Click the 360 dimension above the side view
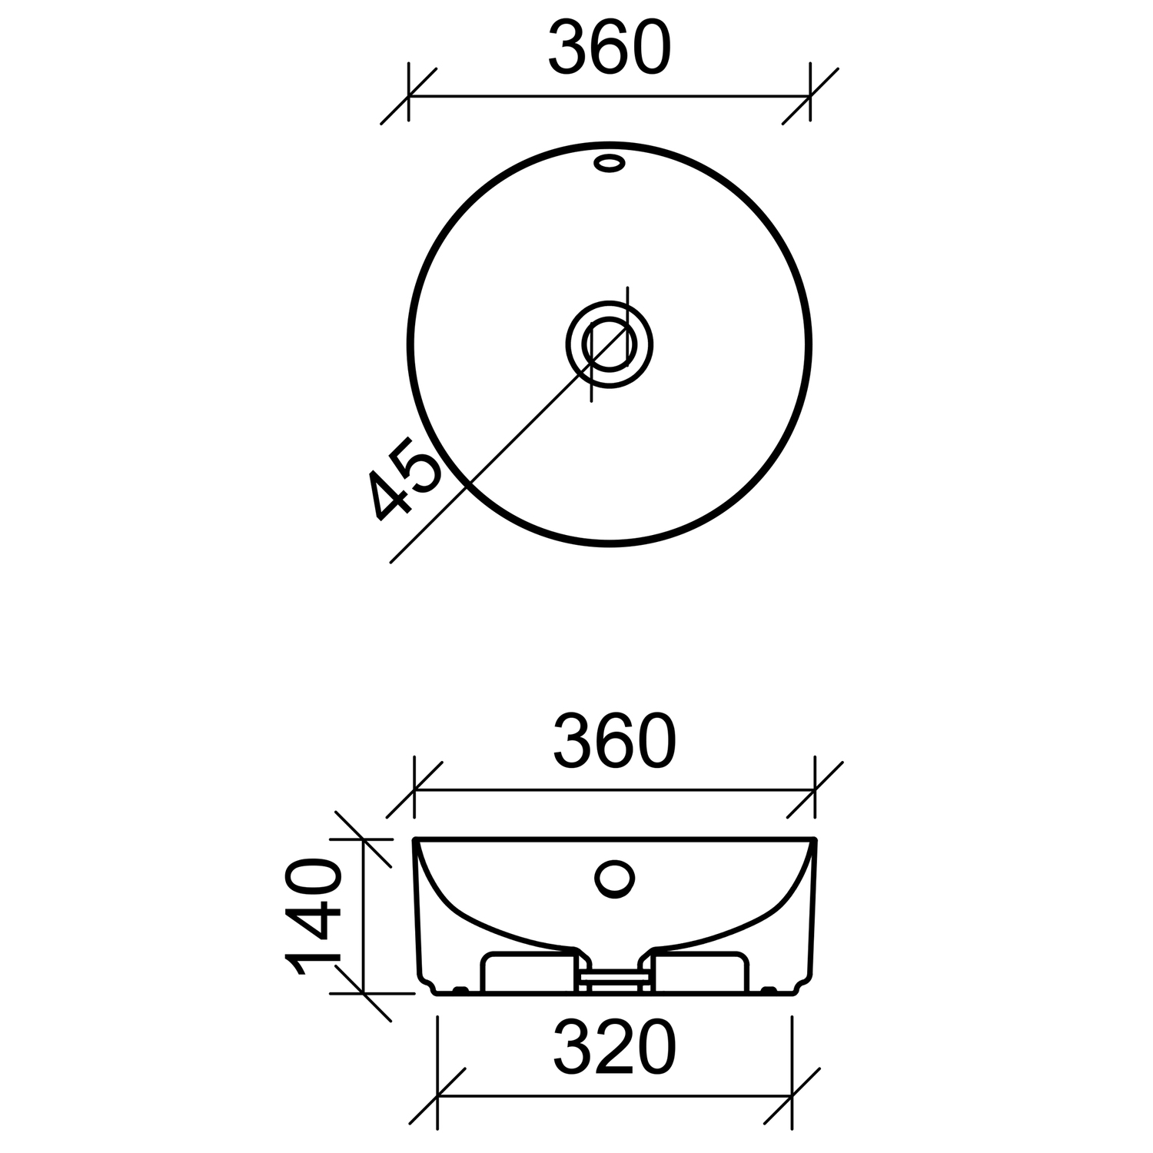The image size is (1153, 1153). click(x=614, y=741)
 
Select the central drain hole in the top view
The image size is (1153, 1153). click(x=610, y=344)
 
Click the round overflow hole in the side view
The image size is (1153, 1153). click(x=615, y=878)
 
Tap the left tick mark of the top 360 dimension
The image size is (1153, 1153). click(x=408, y=96)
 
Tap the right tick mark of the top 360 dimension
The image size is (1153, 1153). click(x=810, y=96)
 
